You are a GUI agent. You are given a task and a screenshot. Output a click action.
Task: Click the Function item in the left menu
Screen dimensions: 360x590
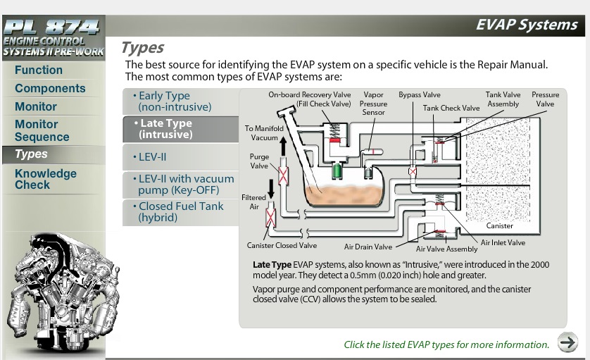[39, 70]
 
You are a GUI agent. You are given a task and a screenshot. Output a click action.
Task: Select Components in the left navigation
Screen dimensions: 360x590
[50, 89]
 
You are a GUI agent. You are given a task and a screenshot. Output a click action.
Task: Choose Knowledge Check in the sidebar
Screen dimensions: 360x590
[46, 179]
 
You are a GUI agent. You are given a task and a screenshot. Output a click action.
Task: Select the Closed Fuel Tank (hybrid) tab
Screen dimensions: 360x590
[181, 212]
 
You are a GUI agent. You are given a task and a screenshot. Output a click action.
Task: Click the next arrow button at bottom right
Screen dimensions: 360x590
[567, 342]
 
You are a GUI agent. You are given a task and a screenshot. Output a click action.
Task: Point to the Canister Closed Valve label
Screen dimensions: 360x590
[282, 246]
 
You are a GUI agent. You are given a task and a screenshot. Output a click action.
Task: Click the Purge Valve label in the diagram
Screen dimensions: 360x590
[259, 161]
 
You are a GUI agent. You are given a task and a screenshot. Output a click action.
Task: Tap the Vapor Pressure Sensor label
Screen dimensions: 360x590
[373, 104]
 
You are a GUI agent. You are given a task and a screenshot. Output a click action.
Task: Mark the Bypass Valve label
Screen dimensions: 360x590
[419, 95]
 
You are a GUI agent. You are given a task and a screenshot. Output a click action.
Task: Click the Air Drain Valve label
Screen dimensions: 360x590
[368, 247]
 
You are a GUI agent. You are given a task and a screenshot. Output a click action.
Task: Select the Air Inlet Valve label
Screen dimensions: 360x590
[503, 243]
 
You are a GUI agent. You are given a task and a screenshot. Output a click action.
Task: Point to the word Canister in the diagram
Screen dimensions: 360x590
[500, 226]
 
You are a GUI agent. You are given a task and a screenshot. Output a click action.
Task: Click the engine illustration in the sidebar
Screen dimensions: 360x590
[60, 289]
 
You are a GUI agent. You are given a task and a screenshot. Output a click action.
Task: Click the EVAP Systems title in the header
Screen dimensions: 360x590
[526, 25]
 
